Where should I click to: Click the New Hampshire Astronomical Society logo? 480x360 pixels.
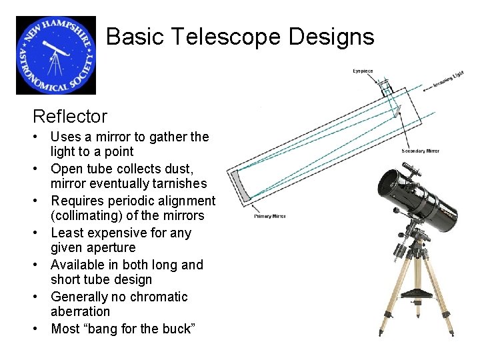tap(56, 55)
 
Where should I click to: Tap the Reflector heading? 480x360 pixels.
tap(70, 117)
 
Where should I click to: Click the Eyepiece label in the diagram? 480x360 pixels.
tap(363, 71)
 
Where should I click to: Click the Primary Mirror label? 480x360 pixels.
tap(269, 216)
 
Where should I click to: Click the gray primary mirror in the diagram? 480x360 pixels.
tap(241, 185)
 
